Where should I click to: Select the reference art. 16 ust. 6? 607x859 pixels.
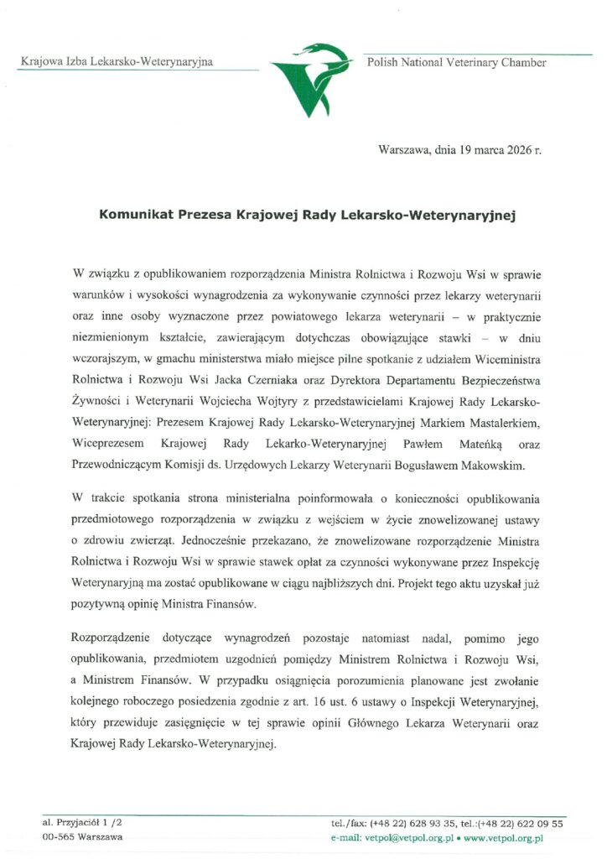coord(325,700)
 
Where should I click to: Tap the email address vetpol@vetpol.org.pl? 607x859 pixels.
coord(409,837)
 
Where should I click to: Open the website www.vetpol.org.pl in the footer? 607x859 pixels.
coord(503,837)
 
